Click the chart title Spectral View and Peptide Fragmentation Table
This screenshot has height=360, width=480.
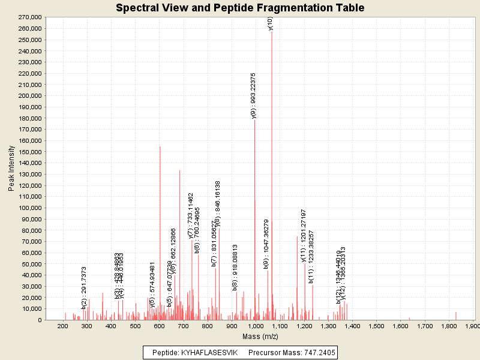240,8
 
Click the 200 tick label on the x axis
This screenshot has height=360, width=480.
62,325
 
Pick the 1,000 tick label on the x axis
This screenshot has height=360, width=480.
256,325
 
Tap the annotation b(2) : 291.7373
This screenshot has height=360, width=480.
85,287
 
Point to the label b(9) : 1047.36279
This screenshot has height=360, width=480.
266,244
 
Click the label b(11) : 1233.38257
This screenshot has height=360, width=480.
311,256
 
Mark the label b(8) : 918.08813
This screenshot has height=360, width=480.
235,268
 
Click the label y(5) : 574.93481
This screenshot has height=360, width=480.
152,284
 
